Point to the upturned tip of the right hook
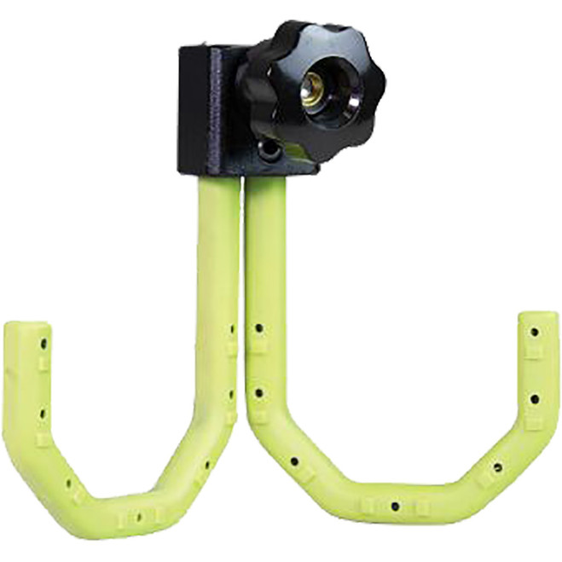pos(538,328)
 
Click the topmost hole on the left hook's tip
pos(43,344)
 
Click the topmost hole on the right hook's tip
pos(534,333)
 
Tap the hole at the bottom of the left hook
pos(137,514)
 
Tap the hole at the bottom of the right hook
pos(395,507)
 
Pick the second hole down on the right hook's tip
pos(534,398)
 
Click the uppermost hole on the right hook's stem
pos(258,327)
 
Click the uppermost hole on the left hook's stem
pos(233,327)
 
